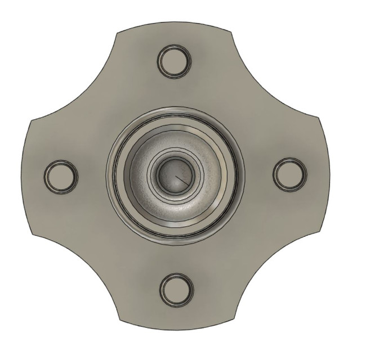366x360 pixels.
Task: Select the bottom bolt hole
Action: coord(176,289)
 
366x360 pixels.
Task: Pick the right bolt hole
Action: coord(289,174)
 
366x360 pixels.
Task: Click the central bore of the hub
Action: coord(174,175)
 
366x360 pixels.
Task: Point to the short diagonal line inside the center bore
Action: coord(180,179)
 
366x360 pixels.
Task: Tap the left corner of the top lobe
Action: coord(117,33)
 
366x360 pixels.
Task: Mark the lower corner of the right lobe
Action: coord(321,232)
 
